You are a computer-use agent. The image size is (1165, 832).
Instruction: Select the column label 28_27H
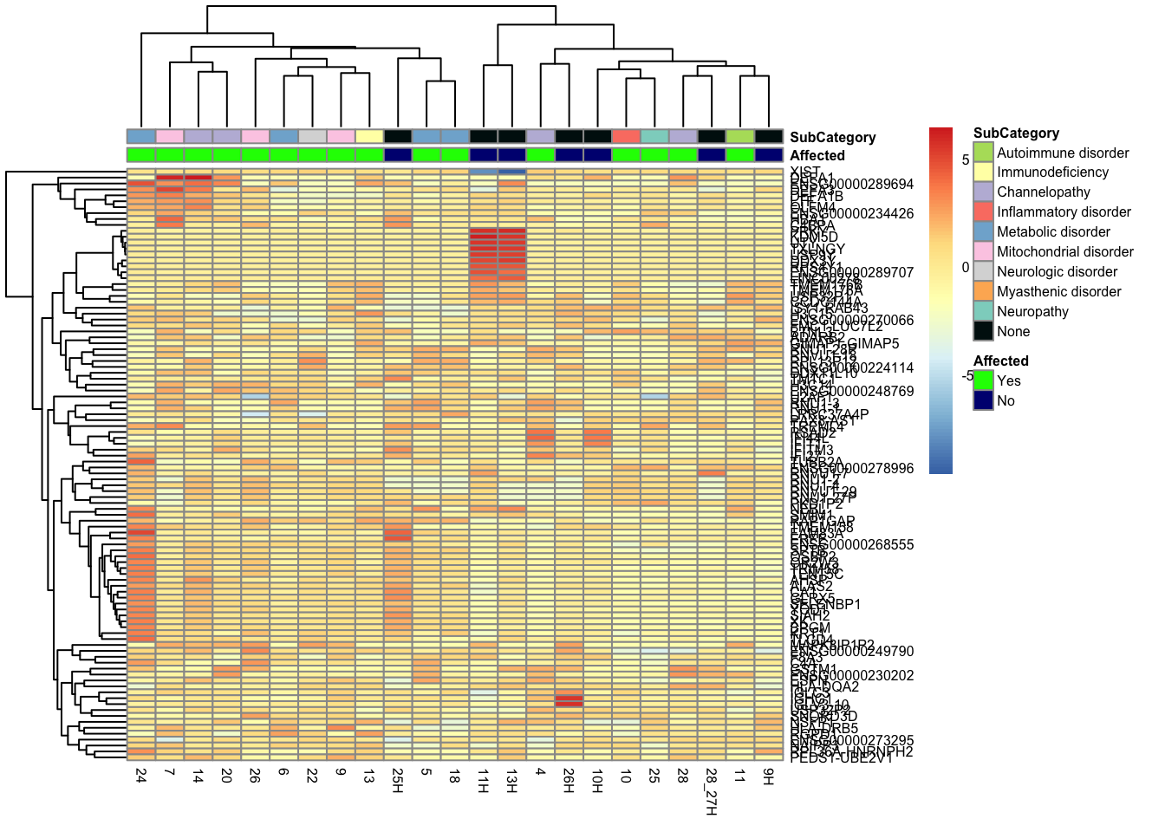point(711,790)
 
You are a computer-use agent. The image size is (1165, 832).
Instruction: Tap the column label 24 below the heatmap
point(141,775)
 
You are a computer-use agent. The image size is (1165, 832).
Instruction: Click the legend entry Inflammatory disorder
point(1064,212)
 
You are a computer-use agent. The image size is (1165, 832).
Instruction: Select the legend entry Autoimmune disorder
point(1063,153)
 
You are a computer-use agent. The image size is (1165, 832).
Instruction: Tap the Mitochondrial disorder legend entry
point(1065,251)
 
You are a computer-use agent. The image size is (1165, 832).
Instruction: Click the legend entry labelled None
point(1013,331)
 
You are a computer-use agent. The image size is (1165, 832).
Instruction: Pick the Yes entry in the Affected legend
point(1009,380)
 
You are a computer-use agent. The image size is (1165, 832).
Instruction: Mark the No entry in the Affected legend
point(1006,400)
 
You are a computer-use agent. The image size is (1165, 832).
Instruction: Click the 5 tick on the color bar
point(966,160)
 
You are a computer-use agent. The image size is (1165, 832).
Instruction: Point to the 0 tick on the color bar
point(966,267)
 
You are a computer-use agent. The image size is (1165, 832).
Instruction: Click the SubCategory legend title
point(1016,133)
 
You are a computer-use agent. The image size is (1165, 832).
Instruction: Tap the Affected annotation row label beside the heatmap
point(817,156)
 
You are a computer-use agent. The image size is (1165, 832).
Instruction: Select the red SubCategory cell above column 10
point(626,136)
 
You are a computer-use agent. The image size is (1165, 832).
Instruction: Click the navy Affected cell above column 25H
point(397,155)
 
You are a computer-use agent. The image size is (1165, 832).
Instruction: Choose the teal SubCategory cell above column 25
point(654,136)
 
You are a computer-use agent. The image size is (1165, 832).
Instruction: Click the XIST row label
point(805,172)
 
